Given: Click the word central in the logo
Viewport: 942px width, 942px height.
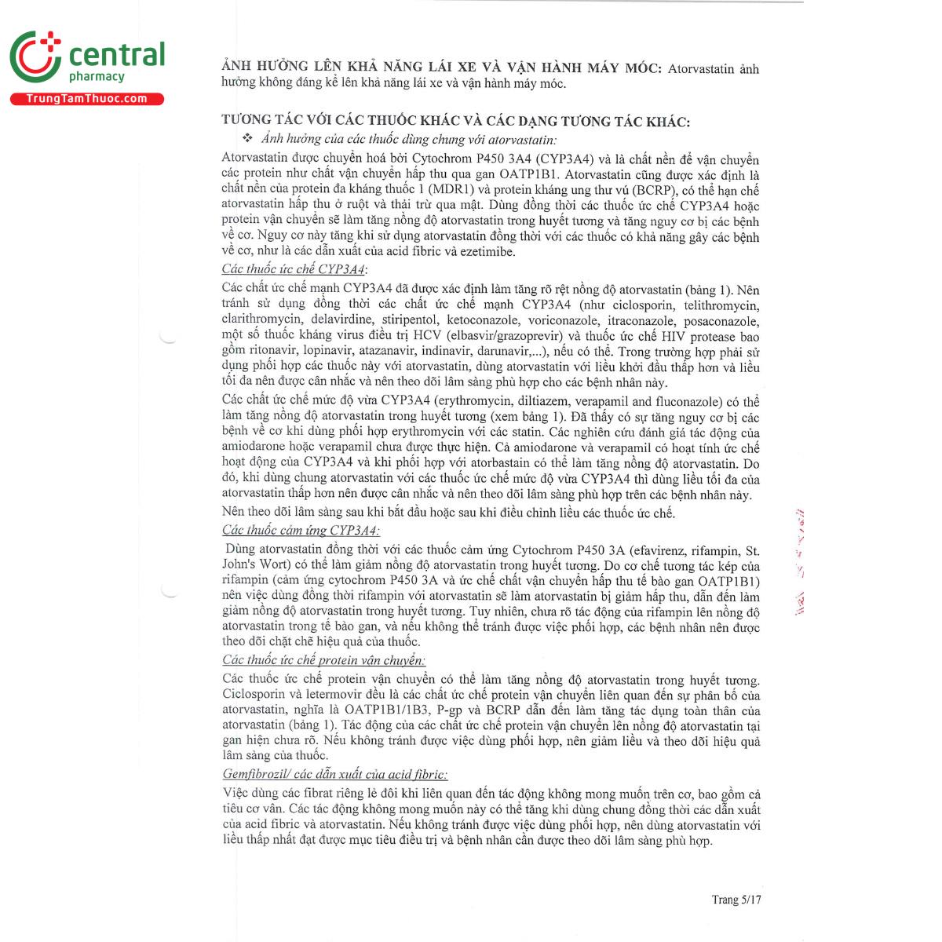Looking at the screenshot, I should [117, 55].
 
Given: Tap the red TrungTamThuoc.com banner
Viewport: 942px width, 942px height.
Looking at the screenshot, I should [86, 99].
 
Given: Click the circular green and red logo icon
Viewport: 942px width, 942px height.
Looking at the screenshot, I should [35, 57].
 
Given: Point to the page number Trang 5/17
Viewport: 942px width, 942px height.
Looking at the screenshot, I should [736, 900].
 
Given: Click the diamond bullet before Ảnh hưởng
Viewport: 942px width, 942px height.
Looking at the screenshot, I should [247, 138].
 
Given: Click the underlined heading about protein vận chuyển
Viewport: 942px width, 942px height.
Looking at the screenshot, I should [323, 660].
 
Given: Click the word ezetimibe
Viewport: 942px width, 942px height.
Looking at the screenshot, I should [484, 252].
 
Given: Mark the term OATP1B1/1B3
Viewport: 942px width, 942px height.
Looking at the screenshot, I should [386, 710].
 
